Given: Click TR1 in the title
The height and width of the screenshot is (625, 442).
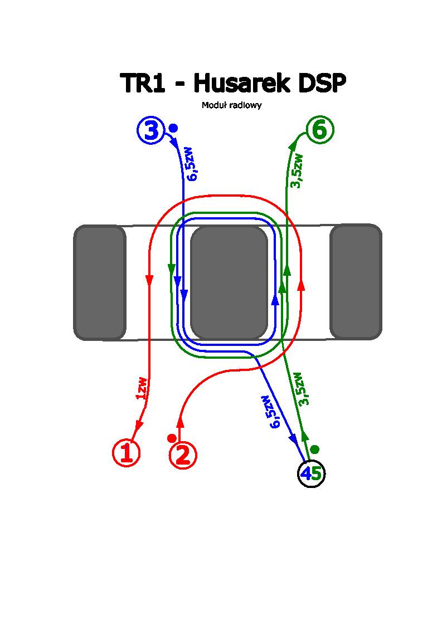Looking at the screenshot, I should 143,83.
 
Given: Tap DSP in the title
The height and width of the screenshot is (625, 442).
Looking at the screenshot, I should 322,83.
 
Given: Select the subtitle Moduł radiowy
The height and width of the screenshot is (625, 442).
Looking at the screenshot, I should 231,105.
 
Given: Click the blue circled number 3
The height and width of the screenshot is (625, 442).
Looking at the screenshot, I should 150,131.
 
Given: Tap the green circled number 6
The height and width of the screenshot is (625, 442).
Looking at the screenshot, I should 320,129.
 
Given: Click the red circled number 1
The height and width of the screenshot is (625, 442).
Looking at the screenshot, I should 126,453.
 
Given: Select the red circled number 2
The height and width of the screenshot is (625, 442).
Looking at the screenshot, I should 183,455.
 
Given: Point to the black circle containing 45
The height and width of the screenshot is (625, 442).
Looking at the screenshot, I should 311,474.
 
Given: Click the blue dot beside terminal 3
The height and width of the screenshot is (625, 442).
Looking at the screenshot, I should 173,128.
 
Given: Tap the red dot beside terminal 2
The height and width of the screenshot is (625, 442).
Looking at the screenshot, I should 172,438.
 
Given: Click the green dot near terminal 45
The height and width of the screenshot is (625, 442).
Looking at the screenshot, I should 315,449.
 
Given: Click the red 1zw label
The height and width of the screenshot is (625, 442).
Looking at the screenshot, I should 142,388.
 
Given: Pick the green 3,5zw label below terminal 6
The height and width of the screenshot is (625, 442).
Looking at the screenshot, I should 298,170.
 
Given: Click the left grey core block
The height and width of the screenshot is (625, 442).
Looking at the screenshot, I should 100,282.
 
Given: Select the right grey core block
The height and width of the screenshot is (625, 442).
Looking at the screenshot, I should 356,281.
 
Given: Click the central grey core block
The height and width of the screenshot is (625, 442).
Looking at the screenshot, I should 229,282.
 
